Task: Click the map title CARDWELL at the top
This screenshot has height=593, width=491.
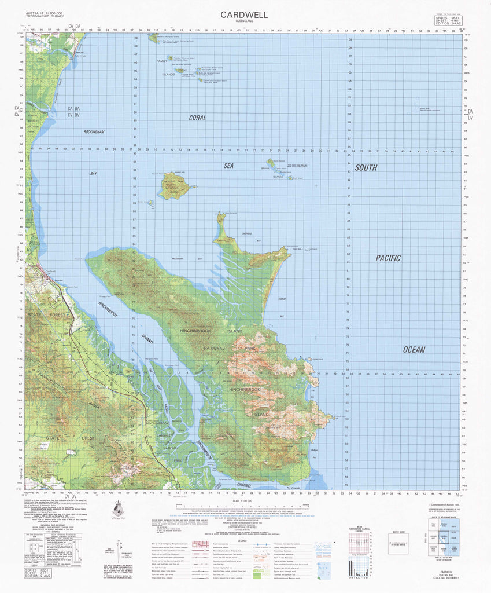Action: coord(243,16)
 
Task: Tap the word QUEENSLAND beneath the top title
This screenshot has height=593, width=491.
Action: coord(243,23)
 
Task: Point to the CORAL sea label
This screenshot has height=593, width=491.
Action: coord(197,118)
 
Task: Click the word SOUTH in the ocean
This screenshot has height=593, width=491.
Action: coord(366,168)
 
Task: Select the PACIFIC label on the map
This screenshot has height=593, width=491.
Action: coord(387,258)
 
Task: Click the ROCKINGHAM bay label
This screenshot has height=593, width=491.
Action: coord(93,132)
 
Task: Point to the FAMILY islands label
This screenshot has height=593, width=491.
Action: coord(161,61)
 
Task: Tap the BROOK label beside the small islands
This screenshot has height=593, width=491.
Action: coord(267,169)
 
